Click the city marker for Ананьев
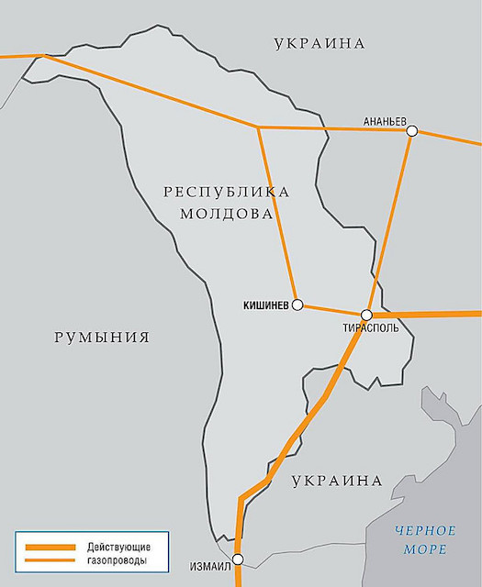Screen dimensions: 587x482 (412, 131)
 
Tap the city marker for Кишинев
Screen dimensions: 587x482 (297, 305)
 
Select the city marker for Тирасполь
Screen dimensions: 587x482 (366, 315)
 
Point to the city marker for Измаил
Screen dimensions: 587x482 (238, 559)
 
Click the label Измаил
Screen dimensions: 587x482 (209, 566)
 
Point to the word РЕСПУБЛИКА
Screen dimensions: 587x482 (226, 192)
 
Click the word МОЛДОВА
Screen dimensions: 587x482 (228, 214)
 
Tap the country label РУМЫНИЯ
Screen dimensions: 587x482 (101, 338)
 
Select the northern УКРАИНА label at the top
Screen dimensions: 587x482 (319, 43)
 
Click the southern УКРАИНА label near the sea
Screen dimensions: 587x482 (336, 481)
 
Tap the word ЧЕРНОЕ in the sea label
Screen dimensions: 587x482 (426, 531)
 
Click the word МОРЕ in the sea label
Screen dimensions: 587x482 (427, 548)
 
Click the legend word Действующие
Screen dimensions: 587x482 (119, 546)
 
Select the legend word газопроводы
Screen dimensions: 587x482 (119, 559)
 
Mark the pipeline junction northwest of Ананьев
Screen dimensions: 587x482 (258, 127)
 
